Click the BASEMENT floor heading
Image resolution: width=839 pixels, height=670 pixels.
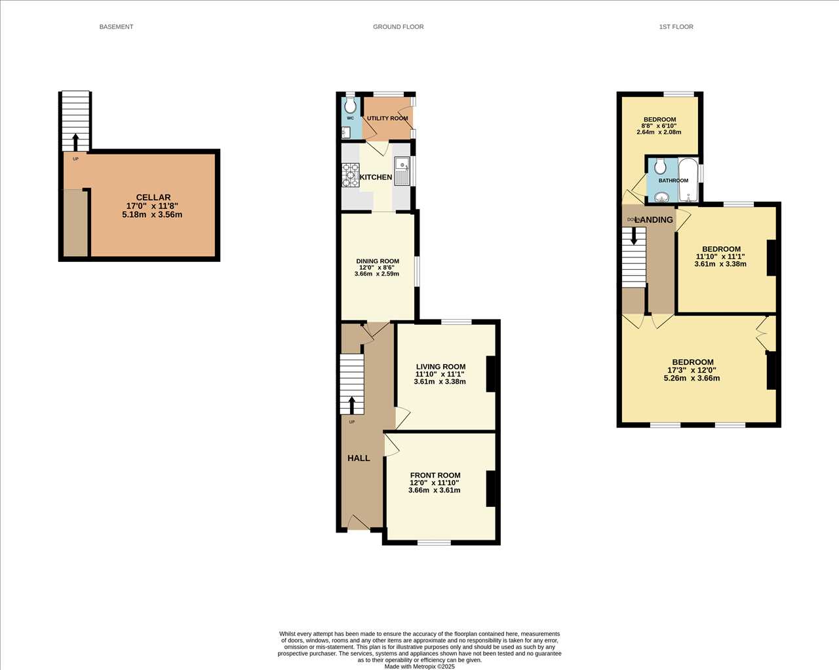point(116,27)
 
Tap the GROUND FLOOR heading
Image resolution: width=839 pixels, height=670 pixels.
point(398,27)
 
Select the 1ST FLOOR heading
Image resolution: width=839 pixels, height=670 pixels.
point(676,27)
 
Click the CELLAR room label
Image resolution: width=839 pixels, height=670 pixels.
point(153,198)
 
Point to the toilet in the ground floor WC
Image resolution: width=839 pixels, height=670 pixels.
point(350,104)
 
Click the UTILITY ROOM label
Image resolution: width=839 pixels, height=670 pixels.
point(387,118)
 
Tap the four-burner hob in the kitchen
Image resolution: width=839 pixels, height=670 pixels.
point(351,176)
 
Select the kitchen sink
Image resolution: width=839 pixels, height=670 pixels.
point(402,171)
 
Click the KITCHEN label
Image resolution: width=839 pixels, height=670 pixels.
point(376,177)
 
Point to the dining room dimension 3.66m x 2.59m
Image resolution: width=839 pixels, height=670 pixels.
point(377,274)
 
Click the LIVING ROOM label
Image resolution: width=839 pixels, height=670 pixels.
point(440,367)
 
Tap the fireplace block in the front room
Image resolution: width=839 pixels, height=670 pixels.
point(490,489)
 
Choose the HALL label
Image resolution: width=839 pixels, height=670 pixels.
point(359,458)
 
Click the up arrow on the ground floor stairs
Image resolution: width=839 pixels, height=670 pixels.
point(352,405)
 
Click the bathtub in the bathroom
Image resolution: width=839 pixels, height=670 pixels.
point(688,179)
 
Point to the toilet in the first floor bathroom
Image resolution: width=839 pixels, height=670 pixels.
point(660,167)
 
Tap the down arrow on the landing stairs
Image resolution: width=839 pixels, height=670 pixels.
point(634,235)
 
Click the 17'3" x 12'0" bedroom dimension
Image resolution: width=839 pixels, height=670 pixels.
point(692,370)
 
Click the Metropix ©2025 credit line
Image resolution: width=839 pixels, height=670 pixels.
point(419,667)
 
